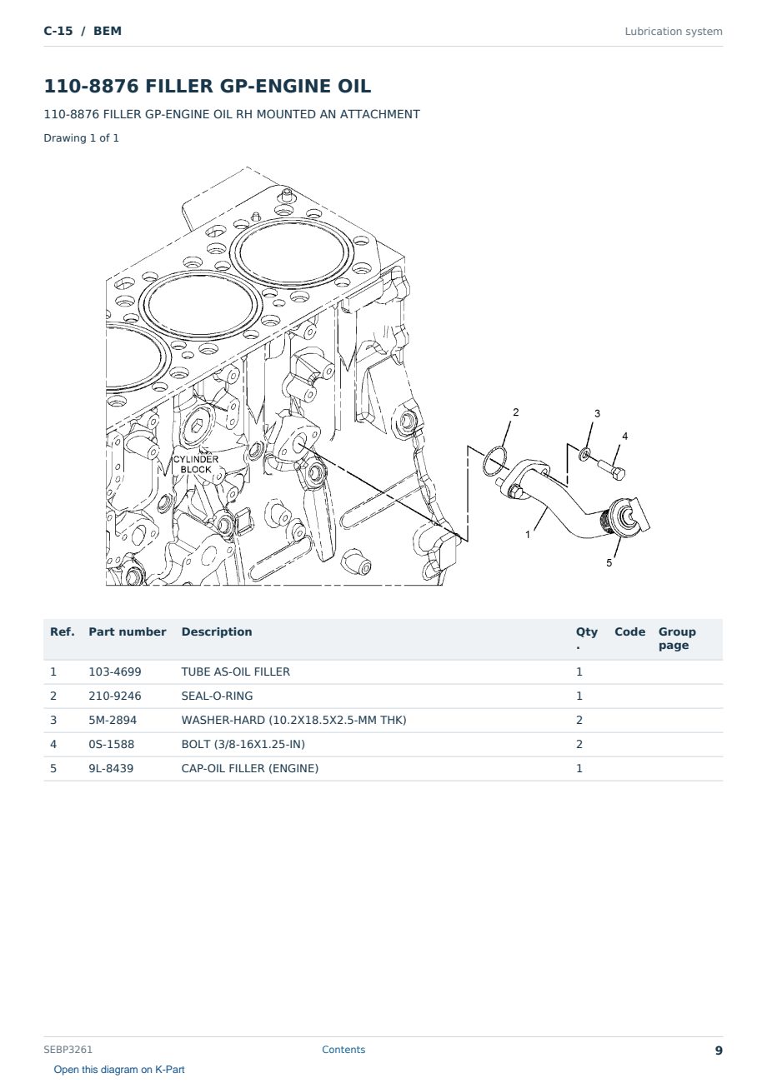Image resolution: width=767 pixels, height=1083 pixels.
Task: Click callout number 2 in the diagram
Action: pos(515,412)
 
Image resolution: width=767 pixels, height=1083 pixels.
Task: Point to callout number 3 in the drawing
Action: pos(597,413)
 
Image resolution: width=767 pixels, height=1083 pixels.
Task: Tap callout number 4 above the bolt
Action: pos(624,436)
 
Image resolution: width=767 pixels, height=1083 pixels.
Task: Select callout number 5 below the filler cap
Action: pos(609,563)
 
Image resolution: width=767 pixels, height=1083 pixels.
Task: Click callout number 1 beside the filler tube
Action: pos(528,535)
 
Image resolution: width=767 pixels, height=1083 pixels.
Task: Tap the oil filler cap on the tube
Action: pos(628,517)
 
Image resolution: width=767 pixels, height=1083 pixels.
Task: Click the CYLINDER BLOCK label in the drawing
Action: pos(195,464)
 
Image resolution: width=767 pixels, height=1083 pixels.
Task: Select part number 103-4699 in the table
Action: pos(115,671)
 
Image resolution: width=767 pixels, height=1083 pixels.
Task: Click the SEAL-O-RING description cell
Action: pos(217,696)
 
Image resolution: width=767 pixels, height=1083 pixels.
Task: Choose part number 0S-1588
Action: pos(112,744)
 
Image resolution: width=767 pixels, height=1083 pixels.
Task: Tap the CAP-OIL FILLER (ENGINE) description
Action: pos(250,768)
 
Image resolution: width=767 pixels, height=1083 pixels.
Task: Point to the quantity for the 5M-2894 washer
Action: pos(579,720)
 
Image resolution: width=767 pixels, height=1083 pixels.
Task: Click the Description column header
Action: pos(216,631)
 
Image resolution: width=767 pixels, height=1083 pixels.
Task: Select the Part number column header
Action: pos(128,631)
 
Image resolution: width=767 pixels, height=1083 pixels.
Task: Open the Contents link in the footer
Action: pos(343,1049)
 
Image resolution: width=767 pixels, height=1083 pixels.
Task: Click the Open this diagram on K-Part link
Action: pos(119,1069)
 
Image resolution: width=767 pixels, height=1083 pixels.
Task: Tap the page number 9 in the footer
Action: pos(719,1051)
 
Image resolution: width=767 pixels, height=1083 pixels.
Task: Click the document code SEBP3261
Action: pos(68,1049)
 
